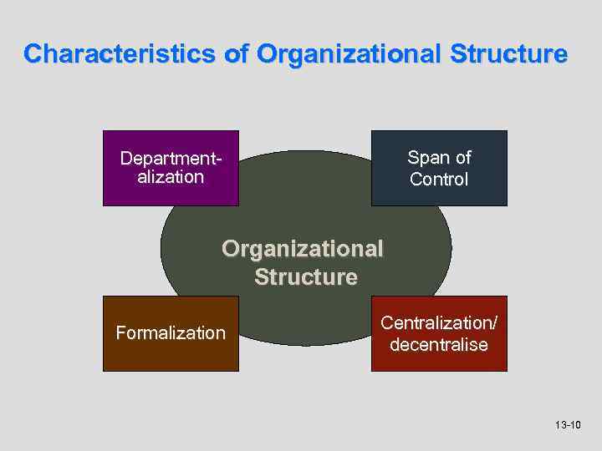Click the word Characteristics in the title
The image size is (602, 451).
[120, 54]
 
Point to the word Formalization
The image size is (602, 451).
[171, 333]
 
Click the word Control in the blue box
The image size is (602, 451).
[439, 179]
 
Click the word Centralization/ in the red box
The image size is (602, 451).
[439, 322]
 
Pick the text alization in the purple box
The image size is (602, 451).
[170, 177]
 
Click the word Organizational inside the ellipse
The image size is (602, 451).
[303, 249]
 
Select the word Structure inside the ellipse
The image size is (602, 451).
[306, 276]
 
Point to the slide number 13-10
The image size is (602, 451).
[568, 426]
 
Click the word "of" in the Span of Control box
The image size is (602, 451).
[462, 157]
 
